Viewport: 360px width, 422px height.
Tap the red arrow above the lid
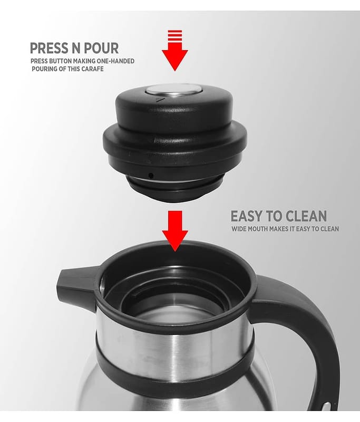[175, 56]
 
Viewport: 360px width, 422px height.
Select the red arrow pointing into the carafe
[175, 232]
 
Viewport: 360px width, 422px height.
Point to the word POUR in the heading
[101, 48]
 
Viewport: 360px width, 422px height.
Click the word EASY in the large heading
[246, 216]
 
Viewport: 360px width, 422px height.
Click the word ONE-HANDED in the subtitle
[119, 61]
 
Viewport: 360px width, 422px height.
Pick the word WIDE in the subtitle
[238, 229]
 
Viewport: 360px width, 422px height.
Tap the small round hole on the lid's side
[151, 176]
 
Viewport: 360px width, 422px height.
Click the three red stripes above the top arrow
[175, 35]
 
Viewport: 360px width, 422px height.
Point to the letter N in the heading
[76, 48]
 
